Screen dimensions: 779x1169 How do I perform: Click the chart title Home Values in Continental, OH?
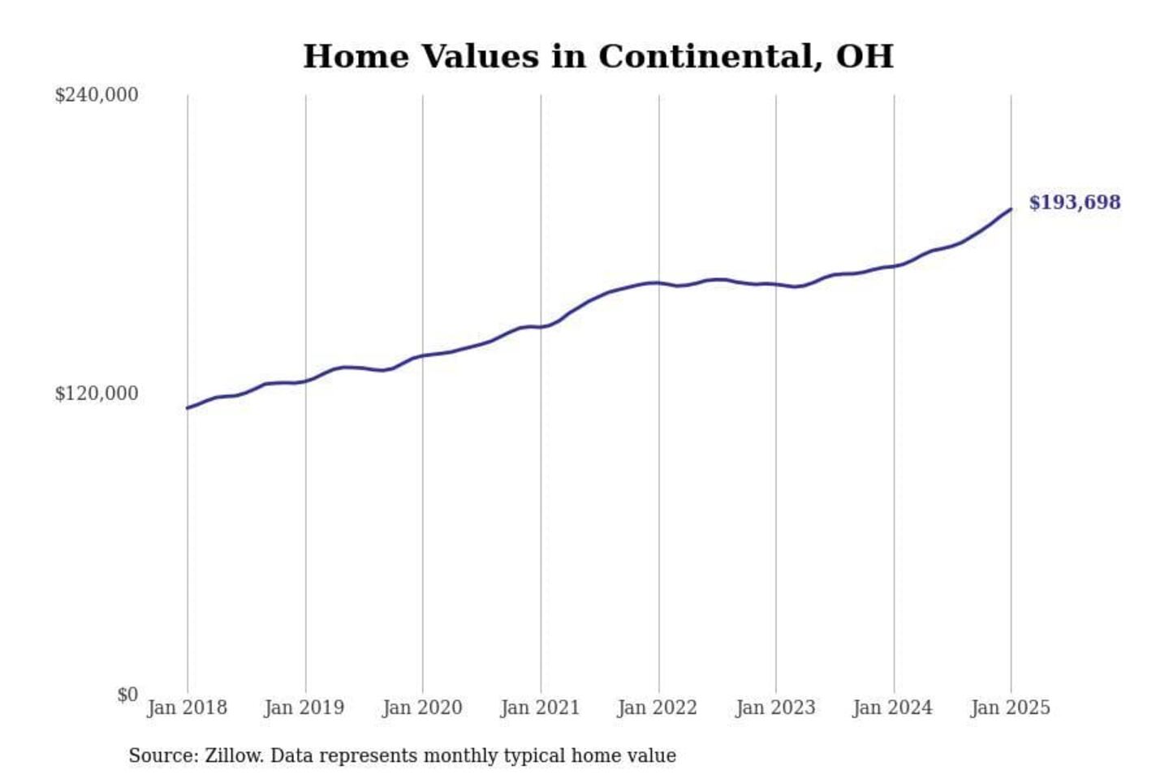(598, 57)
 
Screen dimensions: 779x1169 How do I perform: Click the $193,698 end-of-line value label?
(1074, 202)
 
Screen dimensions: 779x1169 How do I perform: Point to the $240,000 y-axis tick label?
(97, 95)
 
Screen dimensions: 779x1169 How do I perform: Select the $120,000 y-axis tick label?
(97, 394)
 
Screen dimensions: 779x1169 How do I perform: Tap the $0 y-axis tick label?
(127, 695)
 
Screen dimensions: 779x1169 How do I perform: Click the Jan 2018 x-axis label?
(187, 708)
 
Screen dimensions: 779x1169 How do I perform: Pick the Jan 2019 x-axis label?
(304, 708)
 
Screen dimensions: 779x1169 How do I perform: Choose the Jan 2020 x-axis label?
(422, 708)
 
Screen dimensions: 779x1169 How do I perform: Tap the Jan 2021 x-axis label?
(540, 708)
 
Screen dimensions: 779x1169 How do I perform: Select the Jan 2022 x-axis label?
(658, 708)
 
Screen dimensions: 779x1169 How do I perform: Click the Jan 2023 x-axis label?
(775, 708)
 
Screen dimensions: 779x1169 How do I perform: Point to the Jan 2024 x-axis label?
(893, 708)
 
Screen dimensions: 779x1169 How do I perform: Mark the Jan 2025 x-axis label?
(1011, 708)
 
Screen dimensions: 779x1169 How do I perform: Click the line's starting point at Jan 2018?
(188, 407)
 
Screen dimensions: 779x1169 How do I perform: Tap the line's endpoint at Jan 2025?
(1011, 209)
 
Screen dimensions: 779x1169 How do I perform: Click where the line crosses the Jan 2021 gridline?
(541, 327)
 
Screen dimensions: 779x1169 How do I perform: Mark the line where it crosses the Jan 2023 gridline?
(776, 284)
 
